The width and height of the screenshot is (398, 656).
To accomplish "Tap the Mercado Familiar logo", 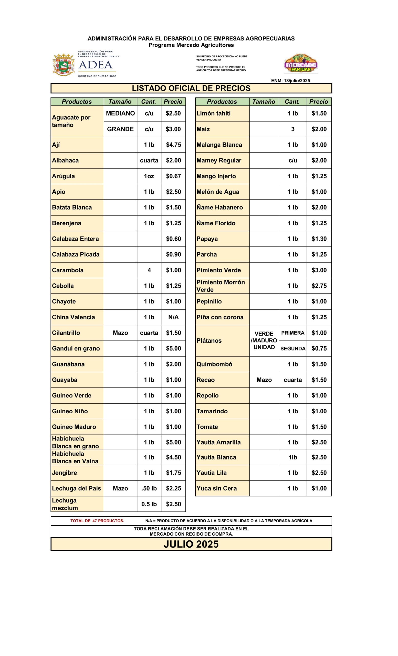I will tap(301, 64).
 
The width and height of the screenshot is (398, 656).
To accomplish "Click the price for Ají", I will tap(173, 145).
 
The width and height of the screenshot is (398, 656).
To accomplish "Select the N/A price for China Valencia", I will tap(173, 317).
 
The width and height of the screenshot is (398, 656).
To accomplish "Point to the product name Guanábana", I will tap(68, 364).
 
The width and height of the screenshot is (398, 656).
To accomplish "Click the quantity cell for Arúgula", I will tap(149, 176).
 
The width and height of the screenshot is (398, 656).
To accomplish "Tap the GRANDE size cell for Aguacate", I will tap(120, 129).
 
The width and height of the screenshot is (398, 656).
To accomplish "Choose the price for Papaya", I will tap(319, 239).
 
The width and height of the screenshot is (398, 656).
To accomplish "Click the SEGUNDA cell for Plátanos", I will tap(293, 348).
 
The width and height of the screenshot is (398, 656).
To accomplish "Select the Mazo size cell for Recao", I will tap(264, 380).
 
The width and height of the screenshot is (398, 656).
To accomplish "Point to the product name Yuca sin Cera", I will tap(217, 488).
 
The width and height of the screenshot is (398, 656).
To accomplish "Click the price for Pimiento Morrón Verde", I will tap(319, 286).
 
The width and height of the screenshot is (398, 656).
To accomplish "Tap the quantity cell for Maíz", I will tap(293, 129).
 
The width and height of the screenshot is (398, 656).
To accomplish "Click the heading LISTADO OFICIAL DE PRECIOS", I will tap(191, 88).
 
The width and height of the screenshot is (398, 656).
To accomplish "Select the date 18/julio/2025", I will tap(297, 81).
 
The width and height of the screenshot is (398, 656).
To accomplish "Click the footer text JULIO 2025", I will tap(191, 544).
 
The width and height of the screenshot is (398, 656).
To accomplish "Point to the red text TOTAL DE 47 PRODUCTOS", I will tap(97, 521).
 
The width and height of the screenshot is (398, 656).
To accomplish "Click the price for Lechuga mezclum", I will tap(173, 504).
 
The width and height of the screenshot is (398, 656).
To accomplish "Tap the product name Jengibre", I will tap(64, 473).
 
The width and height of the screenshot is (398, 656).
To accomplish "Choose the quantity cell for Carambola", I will tap(149, 270).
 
